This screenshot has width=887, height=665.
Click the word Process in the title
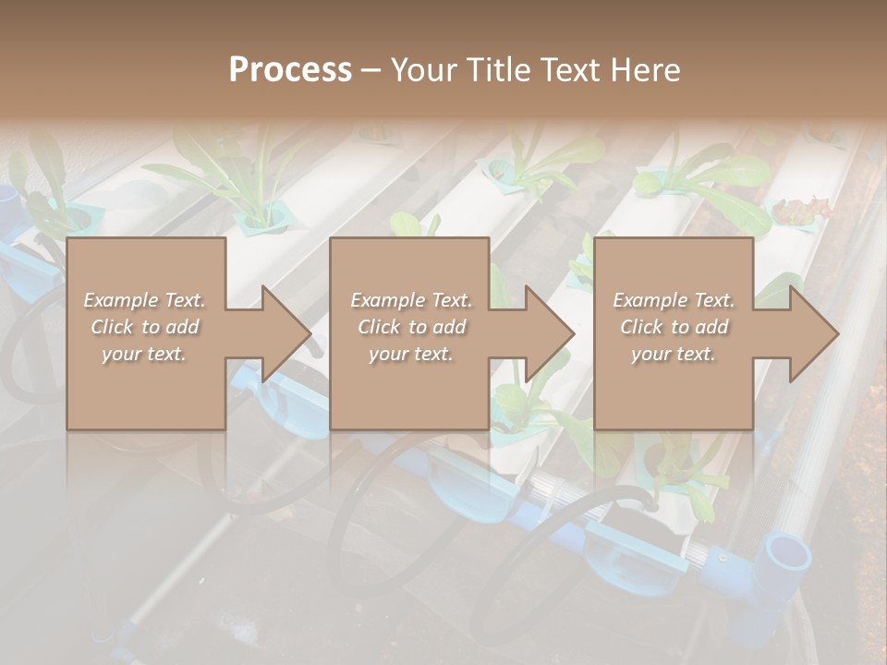pos(290,70)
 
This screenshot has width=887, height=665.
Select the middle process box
pos(409,388)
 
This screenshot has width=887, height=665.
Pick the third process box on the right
pos(673,388)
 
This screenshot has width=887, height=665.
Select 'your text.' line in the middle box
pos(410,354)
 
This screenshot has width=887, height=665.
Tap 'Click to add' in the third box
pos(673,327)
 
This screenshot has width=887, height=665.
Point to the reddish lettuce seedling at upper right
pos(797,211)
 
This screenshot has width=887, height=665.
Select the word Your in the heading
pos(420,70)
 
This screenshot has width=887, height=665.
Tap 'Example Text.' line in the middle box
pos(410,300)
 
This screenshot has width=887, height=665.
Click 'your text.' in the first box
pos(144,354)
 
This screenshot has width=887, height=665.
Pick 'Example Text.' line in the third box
pos(673,300)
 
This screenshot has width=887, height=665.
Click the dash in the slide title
pos(371,70)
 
